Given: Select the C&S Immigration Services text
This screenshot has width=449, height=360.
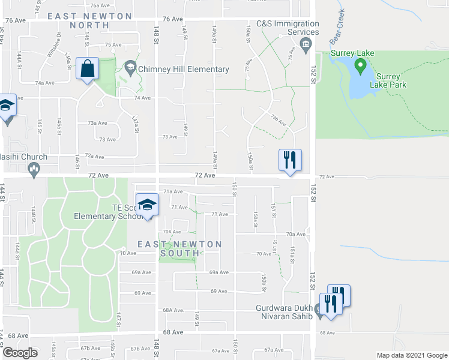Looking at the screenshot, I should coord(288,27).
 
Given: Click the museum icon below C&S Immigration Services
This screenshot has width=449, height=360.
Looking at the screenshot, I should coord(306,43).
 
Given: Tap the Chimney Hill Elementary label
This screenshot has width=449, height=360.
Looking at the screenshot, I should coord(183,69).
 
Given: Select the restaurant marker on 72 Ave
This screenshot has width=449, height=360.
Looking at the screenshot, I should coord(290,160).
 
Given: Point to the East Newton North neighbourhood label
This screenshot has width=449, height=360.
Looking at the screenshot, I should coord(90,20).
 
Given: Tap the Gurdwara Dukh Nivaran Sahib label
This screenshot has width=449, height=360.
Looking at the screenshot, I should coord(285,311).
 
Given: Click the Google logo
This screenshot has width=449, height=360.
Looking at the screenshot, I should coord(20,353).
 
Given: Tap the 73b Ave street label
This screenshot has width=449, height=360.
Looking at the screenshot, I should coord(277,118).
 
